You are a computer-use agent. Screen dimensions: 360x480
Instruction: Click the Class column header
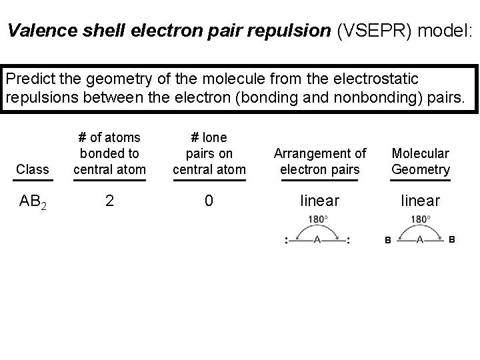(x=33, y=169)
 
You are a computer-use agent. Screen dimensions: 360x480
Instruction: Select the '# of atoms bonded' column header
(x=109, y=153)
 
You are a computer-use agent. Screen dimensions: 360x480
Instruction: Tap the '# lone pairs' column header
(x=209, y=153)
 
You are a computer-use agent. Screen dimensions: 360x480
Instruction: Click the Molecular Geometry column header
(x=421, y=161)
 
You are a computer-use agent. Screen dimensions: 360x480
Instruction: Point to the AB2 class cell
(x=33, y=201)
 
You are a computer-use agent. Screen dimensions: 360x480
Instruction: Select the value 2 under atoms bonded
(x=109, y=201)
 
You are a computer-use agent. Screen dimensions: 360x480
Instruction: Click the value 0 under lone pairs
(x=209, y=201)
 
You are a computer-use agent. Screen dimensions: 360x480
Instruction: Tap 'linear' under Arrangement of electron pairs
(x=321, y=201)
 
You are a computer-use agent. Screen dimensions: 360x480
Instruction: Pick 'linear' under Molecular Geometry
(x=420, y=201)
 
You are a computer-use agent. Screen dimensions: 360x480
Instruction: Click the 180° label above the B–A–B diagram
(x=421, y=219)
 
